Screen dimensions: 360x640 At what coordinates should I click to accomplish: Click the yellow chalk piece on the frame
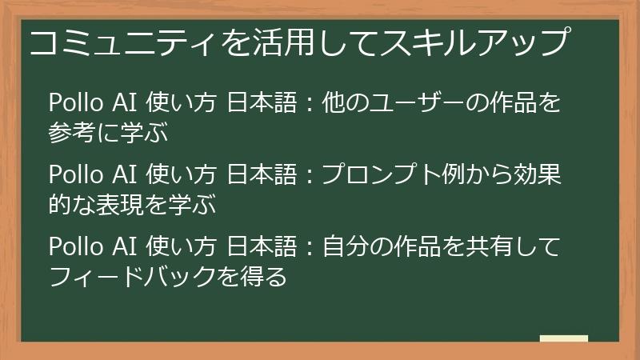pos(563,339)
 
